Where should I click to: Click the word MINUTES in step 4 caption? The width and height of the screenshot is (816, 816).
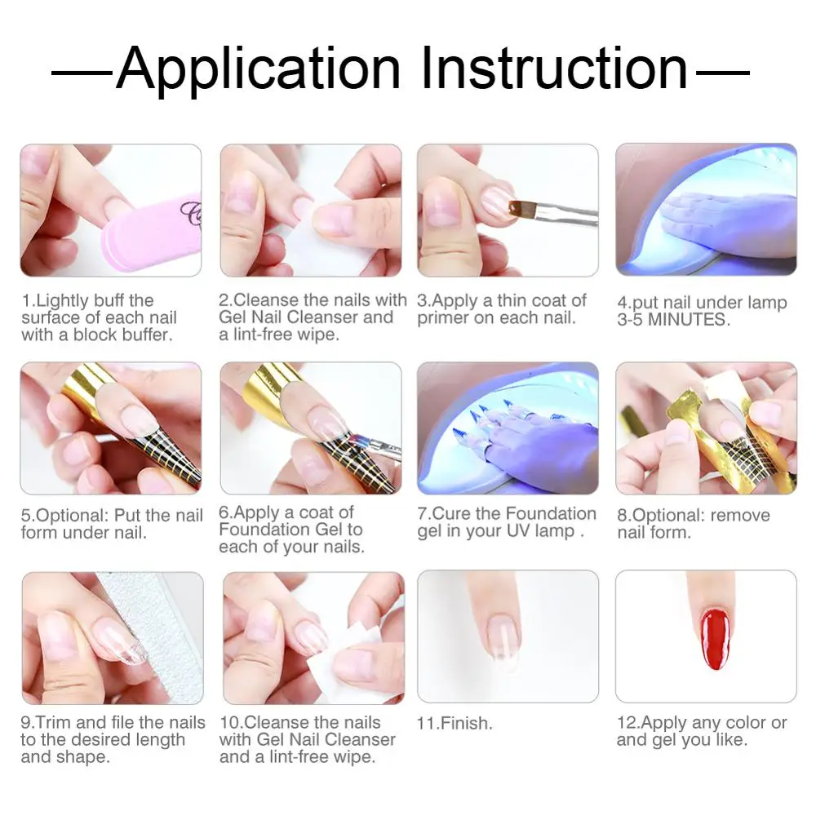(685, 320)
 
